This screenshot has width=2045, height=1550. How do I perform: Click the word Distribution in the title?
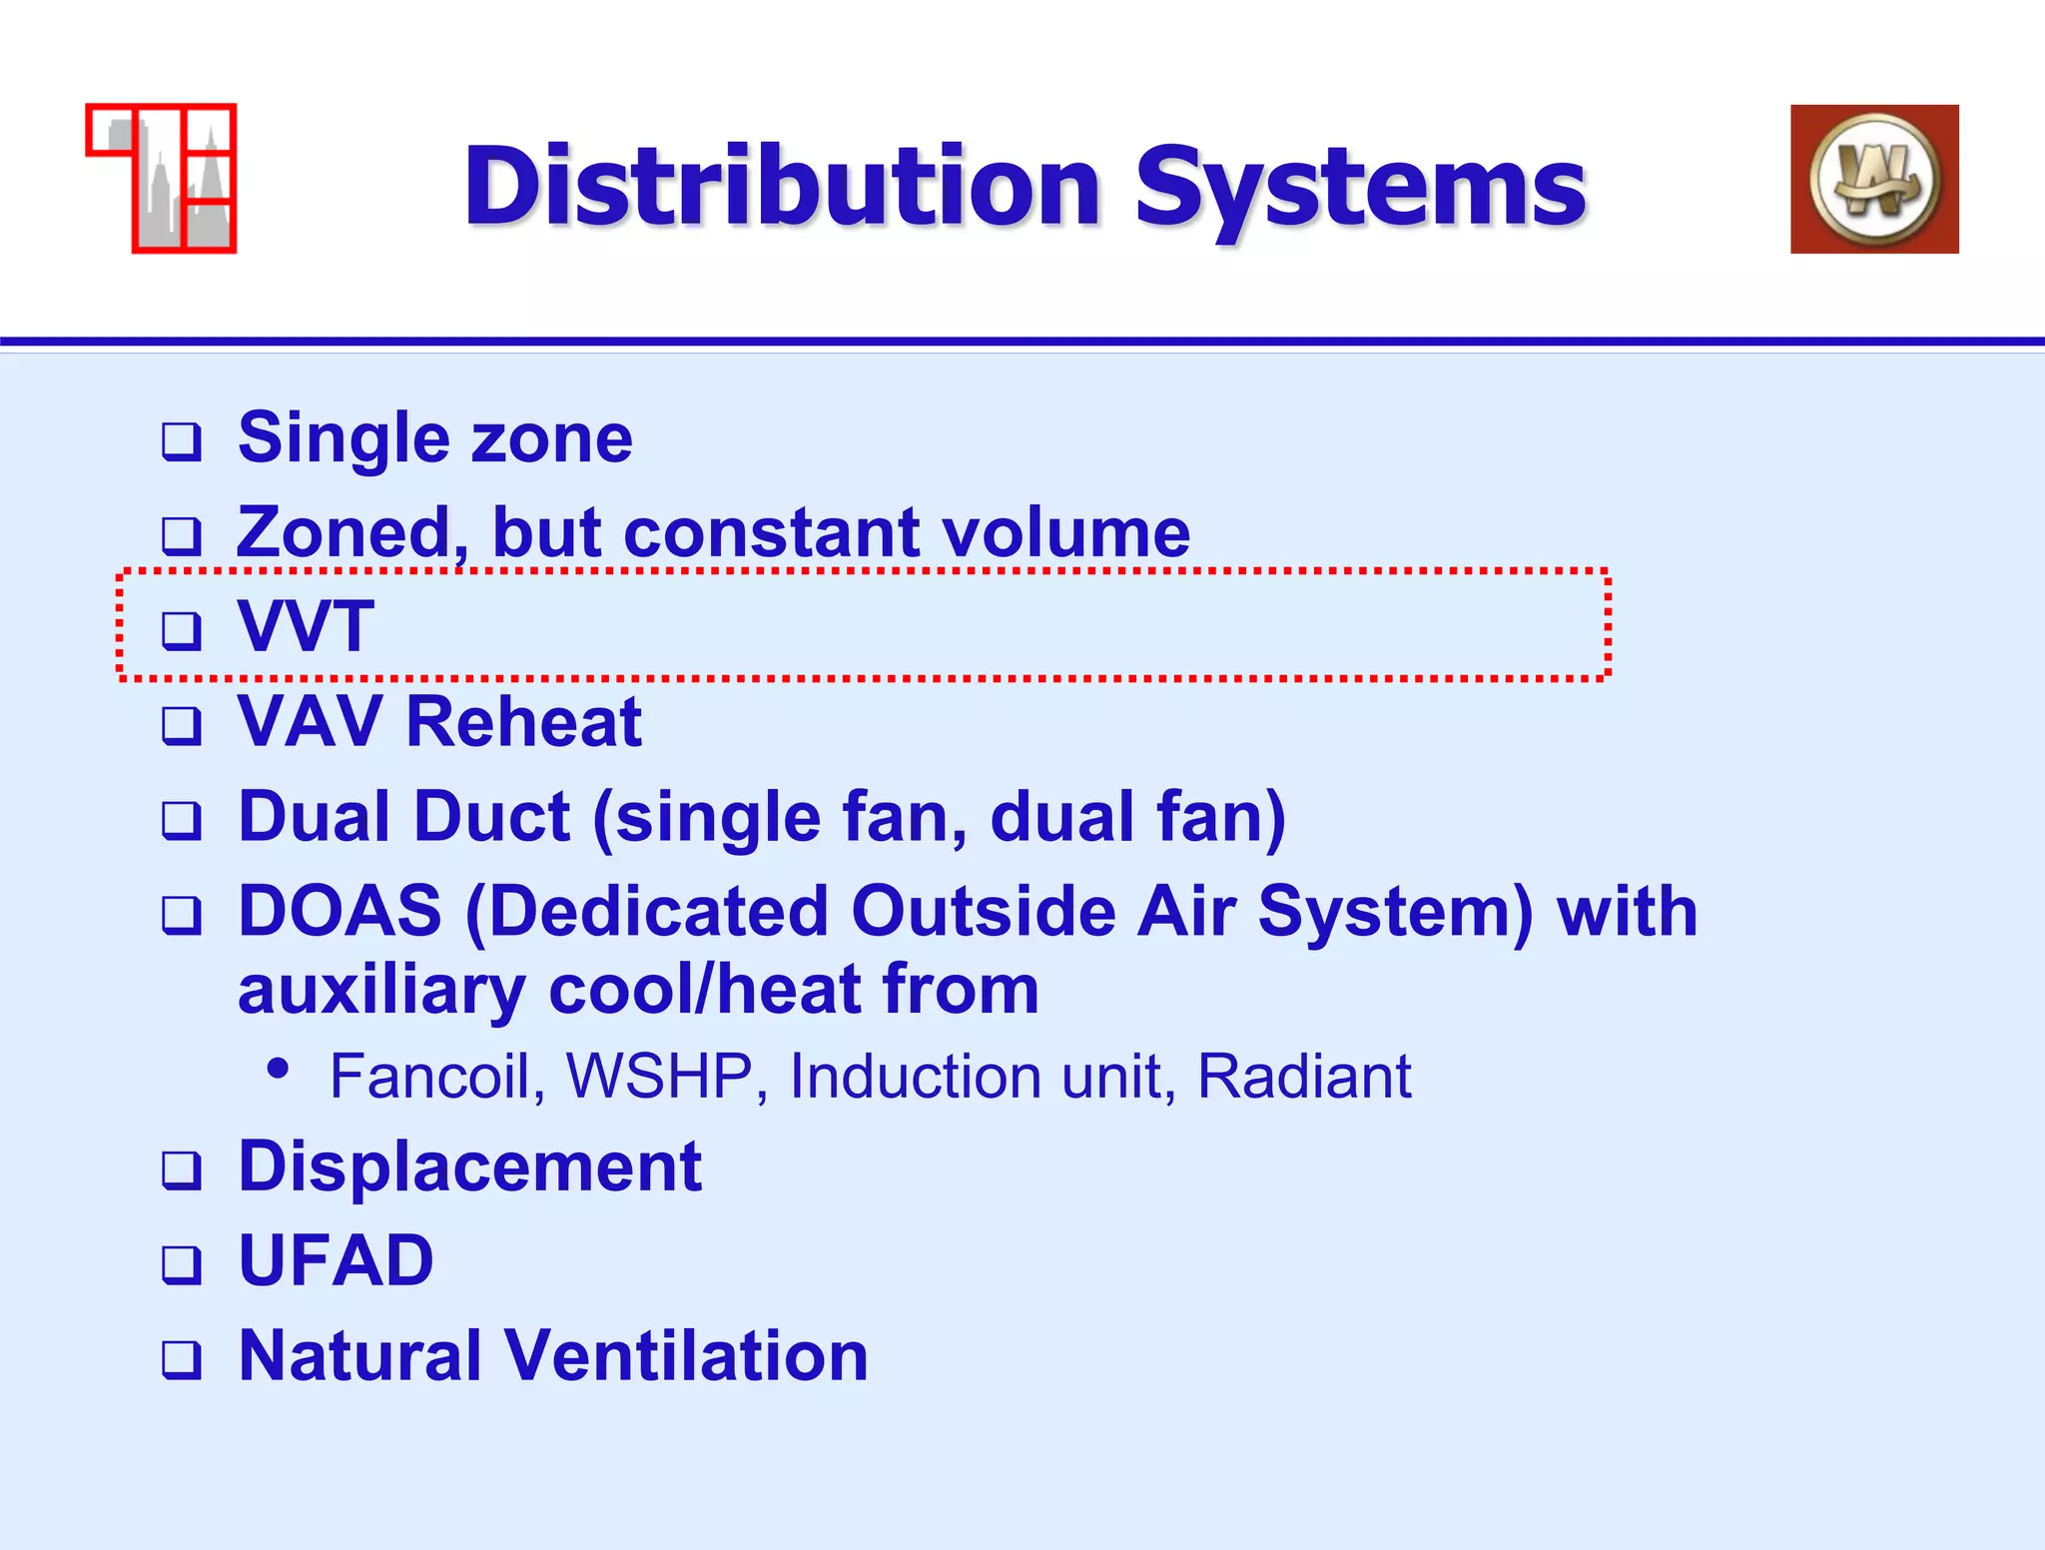coord(782,187)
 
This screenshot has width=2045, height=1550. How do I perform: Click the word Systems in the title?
coord(1360,187)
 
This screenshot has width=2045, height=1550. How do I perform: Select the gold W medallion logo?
coord(1874,180)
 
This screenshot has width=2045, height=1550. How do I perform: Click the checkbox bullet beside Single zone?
coord(182,441)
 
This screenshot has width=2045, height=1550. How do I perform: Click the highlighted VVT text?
coord(306,626)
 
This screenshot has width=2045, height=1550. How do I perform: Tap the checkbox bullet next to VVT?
coord(182,630)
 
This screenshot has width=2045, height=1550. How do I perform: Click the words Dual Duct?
coord(403,817)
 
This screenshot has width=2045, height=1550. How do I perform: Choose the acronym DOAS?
coord(340,912)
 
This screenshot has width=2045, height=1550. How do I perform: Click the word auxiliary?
coord(381,991)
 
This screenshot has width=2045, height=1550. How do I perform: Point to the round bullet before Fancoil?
coord(279,1069)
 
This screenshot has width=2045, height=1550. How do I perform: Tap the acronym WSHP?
coord(659,1077)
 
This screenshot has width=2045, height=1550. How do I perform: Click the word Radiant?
coord(1303,1077)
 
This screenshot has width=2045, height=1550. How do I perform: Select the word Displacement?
coord(469,1166)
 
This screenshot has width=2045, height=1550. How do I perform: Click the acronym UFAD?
coord(336,1260)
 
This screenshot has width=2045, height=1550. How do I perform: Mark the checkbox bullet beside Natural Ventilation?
coord(182,1359)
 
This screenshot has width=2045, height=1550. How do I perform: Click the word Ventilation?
coord(686,1356)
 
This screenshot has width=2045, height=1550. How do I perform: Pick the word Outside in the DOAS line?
coord(983,912)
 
